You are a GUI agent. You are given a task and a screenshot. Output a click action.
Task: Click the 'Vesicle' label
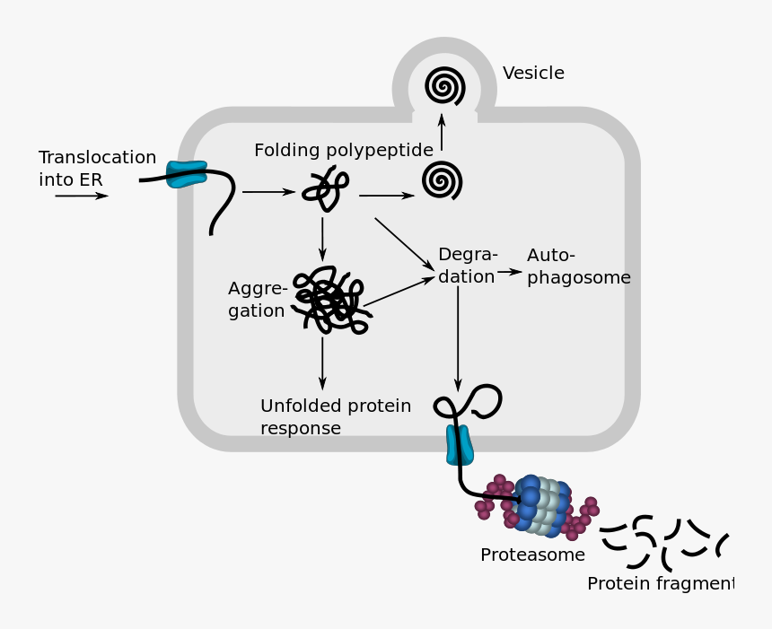pyautogui.click(x=533, y=74)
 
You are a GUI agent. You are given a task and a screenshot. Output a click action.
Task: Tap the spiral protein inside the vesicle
pyautogui.click(x=444, y=86)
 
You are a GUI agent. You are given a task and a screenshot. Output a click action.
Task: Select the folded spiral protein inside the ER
pyautogui.click(x=443, y=180)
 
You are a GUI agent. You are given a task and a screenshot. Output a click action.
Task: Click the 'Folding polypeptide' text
pyautogui.click(x=343, y=150)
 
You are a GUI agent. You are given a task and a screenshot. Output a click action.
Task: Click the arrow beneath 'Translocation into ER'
pyautogui.click(x=82, y=196)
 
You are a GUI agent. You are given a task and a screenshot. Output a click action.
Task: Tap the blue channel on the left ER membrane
pyautogui.click(x=187, y=174)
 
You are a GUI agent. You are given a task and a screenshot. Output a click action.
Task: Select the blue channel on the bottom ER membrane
pyautogui.click(x=459, y=445)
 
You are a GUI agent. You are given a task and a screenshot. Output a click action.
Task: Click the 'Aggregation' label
pyautogui.click(x=258, y=300)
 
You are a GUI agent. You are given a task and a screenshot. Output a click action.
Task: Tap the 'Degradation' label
pyautogui.click(x=467, y=266)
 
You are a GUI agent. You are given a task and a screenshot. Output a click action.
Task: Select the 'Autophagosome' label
pyautogui.click(x=578, y=266)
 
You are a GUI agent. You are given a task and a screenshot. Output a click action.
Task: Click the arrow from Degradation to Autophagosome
pyautogui.click(x=510, y=271)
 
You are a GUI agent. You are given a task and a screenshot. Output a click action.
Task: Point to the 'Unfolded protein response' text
pyautogui.click(x=336, y=417)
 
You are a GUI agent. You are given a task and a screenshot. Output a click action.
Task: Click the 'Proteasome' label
pyautogui.click(x=532, y=555)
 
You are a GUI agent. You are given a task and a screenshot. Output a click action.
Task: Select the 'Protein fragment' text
pyautogui.click(x=660, y=584)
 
